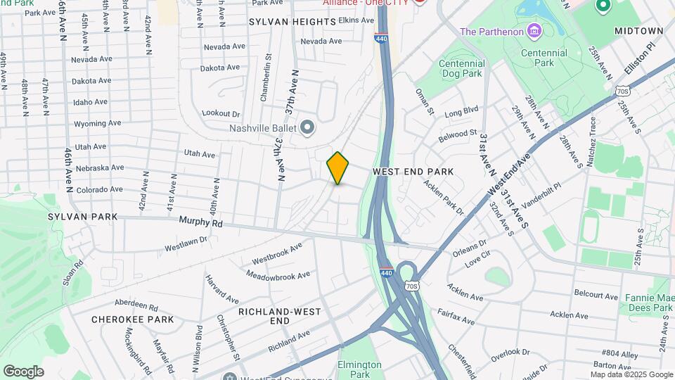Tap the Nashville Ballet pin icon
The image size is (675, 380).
pos(307,127)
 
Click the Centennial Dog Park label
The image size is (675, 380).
pos(461,68)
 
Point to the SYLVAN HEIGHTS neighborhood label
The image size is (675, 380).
pos(292,22)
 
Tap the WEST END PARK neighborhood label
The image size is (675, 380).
pos(413,172)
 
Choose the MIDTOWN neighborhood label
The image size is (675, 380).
pos(638,32)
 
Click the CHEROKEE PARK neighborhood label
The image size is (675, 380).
pos(132,319)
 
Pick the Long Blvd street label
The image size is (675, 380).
pos(461,110)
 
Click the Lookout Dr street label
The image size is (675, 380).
pos(221,113)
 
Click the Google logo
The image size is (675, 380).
pos(23,372)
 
